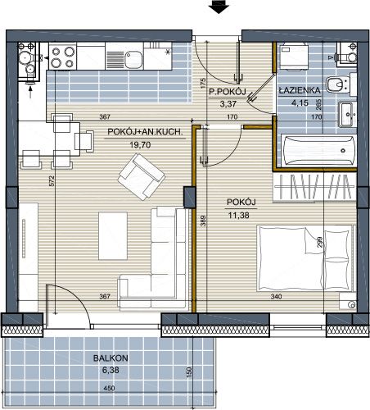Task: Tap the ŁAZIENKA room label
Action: (300, 90)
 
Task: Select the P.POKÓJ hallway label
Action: (228, 92)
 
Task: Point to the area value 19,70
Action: (140, 145)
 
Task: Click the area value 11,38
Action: (239, 216)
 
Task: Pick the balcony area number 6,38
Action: (111, 371)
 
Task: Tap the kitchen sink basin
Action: (133, 60)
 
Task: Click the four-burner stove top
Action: (63, 57)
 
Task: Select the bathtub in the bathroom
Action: (318, 151)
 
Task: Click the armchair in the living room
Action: (142, 176)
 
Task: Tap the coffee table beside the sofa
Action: (113, 236)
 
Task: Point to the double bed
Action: (305, 257)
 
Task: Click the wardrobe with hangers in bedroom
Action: (314, 187)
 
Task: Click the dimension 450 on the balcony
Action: (109, 388)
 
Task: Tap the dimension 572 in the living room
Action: (52, 181)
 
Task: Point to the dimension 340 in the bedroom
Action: (276, 296)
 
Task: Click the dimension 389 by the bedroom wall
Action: (203, 221)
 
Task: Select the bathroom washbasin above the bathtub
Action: (347, 114)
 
